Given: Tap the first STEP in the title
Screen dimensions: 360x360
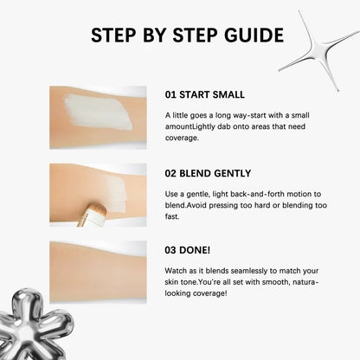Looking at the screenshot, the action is pos(113,35).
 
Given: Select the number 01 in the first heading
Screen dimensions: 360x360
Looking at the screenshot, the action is pos(170,94).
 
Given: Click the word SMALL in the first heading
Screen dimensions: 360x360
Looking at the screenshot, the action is pos(228,94).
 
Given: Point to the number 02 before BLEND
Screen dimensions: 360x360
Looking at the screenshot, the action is pos(170,173).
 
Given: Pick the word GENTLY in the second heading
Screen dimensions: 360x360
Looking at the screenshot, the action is pos(233,173).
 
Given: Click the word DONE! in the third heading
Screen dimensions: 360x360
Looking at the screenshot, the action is pos(195,250).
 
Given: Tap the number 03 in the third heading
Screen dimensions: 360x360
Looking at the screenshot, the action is pos(170,250).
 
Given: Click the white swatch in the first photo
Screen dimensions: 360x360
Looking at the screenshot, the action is pos(98,112).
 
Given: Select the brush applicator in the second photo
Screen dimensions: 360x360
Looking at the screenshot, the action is pos(92,215).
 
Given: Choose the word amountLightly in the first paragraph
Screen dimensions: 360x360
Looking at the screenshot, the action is pos(190,126).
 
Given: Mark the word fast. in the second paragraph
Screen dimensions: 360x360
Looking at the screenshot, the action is pos(172,216).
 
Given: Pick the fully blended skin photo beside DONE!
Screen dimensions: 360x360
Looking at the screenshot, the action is pos(98,272).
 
